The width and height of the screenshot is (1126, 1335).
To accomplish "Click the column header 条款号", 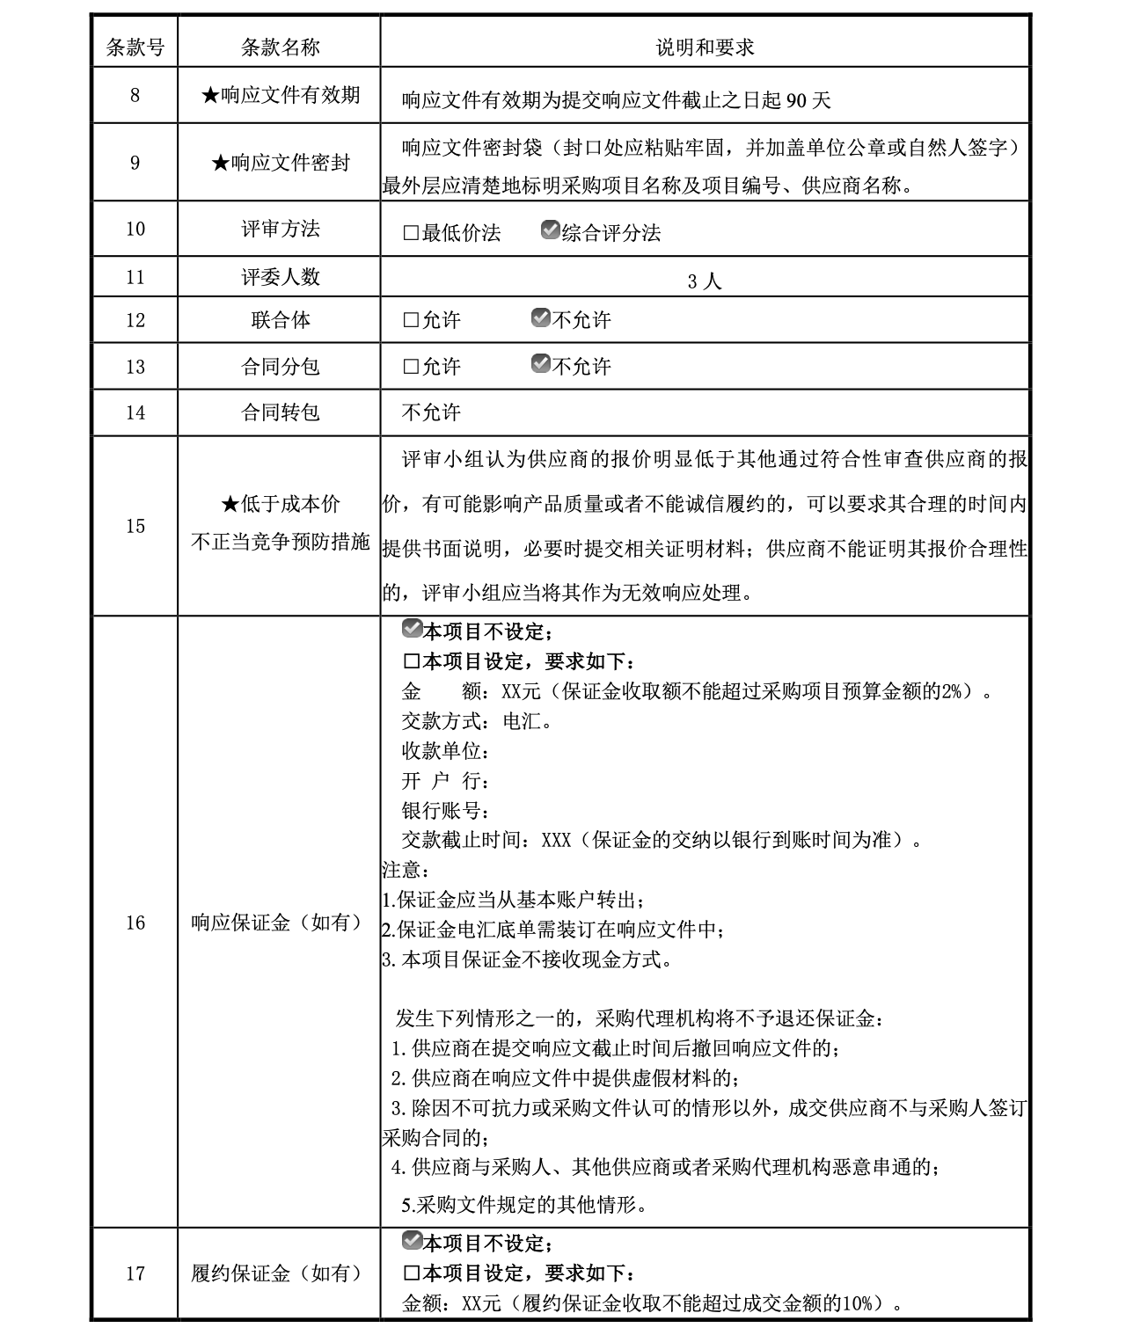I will [x=135, y=47].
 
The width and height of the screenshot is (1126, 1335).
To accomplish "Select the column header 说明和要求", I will [x=705, y=47].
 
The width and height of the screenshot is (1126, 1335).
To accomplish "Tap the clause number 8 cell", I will [x=135, y=95].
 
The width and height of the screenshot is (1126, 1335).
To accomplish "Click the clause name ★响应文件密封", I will [x=281, y=163].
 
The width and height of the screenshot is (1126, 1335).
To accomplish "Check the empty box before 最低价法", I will [x=411, y=234].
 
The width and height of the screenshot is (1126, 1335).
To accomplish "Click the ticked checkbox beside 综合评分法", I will [x=551, y=230].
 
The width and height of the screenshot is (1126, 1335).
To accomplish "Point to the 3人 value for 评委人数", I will [x=705, y=281].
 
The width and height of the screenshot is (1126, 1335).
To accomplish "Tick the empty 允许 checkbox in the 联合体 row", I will [x=411, y=321].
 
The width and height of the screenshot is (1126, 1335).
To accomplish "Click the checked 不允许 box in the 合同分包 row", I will [x=541, y=364].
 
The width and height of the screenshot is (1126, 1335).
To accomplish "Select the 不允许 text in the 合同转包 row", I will [x=431, y=412].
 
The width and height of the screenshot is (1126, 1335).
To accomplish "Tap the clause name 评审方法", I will [x=281, y=230].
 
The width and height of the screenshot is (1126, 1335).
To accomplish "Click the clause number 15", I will [x=135, y=526].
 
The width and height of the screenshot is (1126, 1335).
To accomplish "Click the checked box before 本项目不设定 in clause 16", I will [x=412, y=630].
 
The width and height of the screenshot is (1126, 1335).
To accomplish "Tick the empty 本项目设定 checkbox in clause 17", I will [x=411, y=1273].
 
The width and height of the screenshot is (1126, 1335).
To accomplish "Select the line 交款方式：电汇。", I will [x=478, y=722].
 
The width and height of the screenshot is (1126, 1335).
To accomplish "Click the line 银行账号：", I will [x=445, y=810].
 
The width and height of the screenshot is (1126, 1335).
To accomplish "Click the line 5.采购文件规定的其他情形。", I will [x=524, y=1205].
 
